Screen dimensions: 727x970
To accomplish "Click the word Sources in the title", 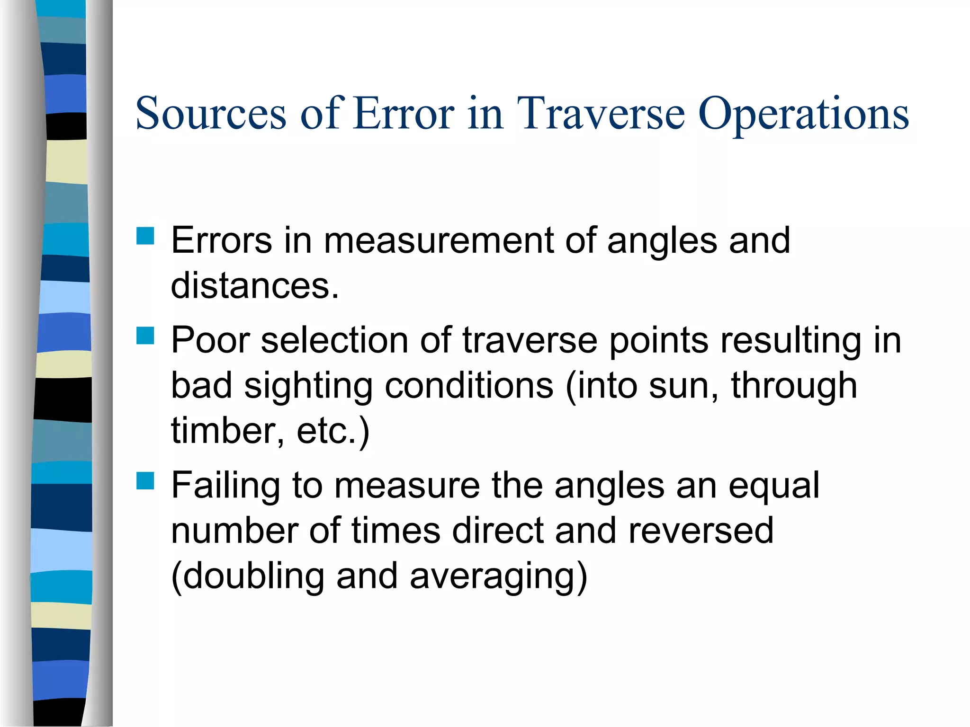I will pyautogui.click(x=211, y=114).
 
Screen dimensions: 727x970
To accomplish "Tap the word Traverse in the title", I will pyautogui.click(x=601, y=114).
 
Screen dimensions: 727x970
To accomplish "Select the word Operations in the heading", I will pyautogui.click(x=803, y=115).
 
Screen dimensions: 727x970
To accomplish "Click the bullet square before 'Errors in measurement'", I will pyautogui.click(x=145, y=236).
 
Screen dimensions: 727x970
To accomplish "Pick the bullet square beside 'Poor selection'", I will pyautogui.click(x=145, y=336).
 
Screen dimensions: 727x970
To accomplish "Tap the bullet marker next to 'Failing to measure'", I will pyautogui.click(x=145, y=480).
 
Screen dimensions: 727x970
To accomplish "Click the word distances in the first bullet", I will pyautogui.click(x=254, y=285).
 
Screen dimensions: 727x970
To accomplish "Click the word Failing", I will pyautogui.click(x=226, y=486).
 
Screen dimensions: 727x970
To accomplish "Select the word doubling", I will pyautogui.click(x=247, y=576).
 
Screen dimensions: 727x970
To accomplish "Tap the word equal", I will pyautogui.click(x=774, y=486).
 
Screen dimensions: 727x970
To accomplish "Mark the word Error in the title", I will pyautogui.click(x=404, y=114).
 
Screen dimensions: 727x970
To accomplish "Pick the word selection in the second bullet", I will pyautogui.click(x=334, y=340).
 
